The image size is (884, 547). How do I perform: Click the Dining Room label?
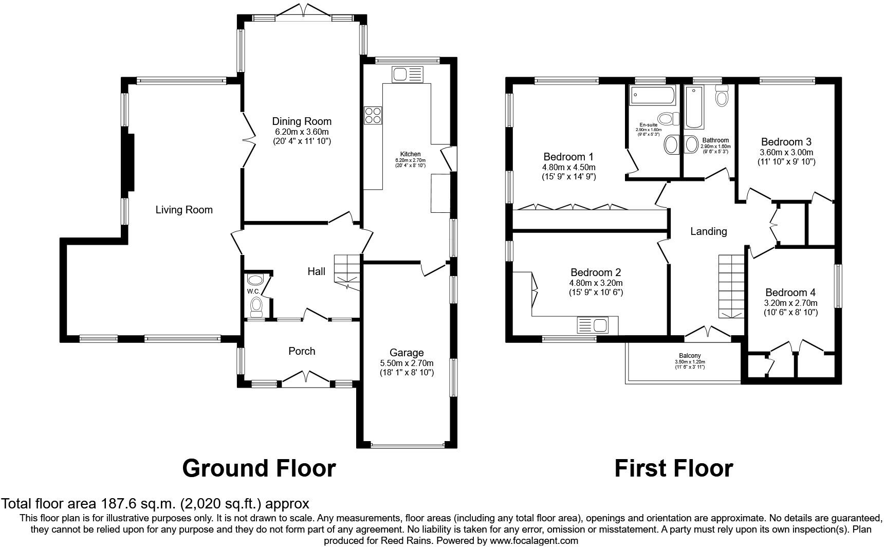301,121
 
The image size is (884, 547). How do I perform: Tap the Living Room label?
184,210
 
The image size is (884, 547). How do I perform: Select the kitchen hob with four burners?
373,115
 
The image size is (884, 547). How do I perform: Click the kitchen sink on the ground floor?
407,75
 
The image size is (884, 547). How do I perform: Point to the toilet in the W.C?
256,307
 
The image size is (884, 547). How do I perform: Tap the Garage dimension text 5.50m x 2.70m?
407,362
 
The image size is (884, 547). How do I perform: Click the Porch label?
302,351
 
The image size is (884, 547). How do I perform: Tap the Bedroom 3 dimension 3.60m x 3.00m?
786,152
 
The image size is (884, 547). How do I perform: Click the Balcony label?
690,356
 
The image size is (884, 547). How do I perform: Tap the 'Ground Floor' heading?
259,468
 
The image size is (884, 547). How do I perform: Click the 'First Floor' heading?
673,468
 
